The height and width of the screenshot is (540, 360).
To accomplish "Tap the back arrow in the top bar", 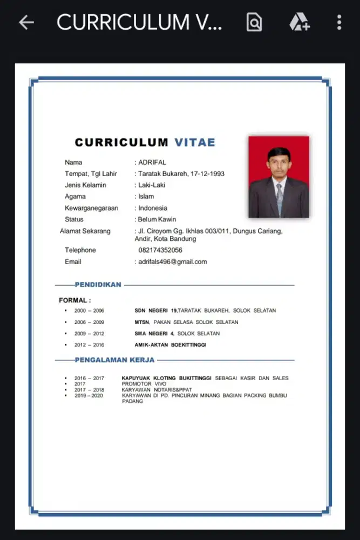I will tap(26, 22).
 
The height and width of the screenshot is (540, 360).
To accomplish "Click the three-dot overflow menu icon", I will tap(339, 22).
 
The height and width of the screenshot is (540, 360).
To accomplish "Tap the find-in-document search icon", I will tap(254, 22).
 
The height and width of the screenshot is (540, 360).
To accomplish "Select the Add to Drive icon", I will tap(298, 22).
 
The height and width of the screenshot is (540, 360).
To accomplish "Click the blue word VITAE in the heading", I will tap(194, 143).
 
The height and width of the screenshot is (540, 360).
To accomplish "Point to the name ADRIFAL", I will tap(152, 162).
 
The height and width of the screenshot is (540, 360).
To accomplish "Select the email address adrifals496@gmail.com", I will tap(173, 262).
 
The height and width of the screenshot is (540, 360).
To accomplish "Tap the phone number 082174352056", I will tap(160, 250).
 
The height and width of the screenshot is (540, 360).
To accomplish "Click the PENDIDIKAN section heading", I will tap(98, 285).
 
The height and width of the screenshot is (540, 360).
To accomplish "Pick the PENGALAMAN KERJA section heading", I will tap(114, 360).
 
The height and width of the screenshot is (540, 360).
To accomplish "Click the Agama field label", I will tap(75, 197).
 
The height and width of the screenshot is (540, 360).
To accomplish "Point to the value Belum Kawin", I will tap(157, 219).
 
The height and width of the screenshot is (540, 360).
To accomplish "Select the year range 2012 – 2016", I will tap(89, 345).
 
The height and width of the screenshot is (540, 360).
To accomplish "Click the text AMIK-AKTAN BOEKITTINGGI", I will tap(170, 345).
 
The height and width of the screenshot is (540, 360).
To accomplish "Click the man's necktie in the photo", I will tap(279, 198).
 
